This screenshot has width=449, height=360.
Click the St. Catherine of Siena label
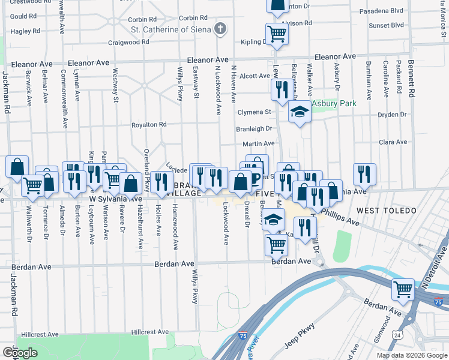(171, 28)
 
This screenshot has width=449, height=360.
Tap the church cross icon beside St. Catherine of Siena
(221, 28)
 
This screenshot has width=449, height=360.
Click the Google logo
(20, 352)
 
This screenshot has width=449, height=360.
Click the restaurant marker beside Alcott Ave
(281, 89)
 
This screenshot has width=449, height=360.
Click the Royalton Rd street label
(149, 125)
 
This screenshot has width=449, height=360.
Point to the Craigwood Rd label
(128, 43)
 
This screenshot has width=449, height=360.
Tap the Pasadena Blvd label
(381, 11)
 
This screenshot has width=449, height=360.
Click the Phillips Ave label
(340, 217)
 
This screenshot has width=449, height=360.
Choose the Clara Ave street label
(393, 142)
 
